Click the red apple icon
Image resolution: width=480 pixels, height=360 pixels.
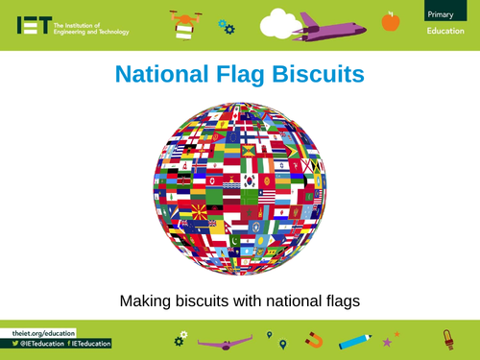[390, 20]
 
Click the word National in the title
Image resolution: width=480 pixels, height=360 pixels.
[162, 74]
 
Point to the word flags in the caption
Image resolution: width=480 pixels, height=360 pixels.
[339, 300]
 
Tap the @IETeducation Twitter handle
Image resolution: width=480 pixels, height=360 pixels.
[46, 343]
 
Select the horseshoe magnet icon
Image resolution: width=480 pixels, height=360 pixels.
[313, 340]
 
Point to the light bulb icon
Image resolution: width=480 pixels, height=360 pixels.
[446, 339]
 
